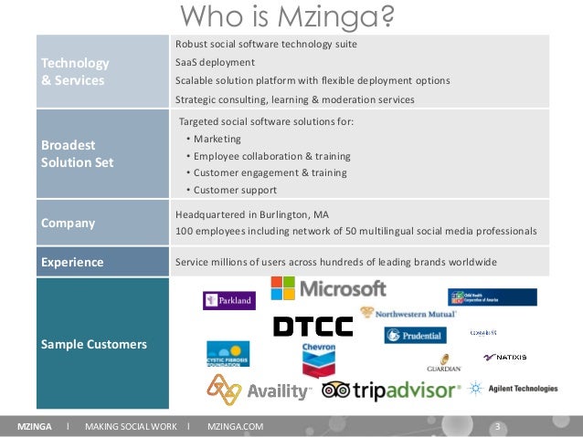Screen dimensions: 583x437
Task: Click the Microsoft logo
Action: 328,288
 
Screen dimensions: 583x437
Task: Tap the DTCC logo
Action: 313,327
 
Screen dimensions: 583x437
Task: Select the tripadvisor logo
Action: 391,390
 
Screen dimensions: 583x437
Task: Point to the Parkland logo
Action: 228,300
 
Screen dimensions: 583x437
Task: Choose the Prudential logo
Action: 415,336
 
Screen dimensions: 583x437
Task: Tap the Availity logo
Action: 259,390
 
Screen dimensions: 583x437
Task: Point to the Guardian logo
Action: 444,363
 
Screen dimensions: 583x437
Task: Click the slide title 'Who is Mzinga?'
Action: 291,16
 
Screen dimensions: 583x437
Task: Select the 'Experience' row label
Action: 72,263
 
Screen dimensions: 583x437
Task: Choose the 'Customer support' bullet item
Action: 234,190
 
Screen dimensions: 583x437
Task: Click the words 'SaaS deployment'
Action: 215,62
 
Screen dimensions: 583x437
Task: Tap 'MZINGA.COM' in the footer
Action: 236,427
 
